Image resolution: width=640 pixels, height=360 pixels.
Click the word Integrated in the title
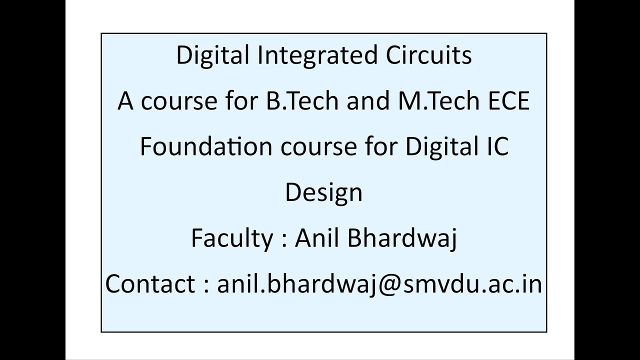coord(317,55)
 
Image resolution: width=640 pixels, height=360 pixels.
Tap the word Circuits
coord(428,55)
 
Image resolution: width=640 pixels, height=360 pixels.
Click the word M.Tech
coord(424,101)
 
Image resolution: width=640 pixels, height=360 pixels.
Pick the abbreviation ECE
coord(508,101)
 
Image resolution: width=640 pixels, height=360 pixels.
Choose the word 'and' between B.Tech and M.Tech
coord(361,101)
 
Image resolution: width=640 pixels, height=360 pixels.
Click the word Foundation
coord(206,146)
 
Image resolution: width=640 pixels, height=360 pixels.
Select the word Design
coord(323,192)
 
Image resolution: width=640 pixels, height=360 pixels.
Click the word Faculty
coord(232,238)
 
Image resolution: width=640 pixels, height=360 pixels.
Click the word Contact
coord(150,284)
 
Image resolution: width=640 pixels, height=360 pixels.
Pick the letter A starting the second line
coord(126,101)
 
